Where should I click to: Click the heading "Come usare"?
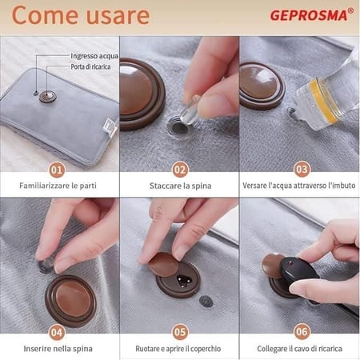click(81, 15)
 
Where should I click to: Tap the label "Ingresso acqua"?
click(94, 56)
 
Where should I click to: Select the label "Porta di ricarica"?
click(90, 66)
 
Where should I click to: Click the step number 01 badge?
click(57, 170)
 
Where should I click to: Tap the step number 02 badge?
click(180, 170)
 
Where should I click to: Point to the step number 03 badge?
click(302, 169)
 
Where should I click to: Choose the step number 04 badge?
click(57, 333)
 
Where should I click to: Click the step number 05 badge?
click(180, 332)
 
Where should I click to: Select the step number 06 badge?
click(302, 332)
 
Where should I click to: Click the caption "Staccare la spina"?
click(180, 186)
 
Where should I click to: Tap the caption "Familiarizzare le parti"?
click(58, 186)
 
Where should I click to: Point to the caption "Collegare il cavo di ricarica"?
click(299, 349)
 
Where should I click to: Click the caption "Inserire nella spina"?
click(58, 349)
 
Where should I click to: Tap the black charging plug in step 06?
click(299, 271)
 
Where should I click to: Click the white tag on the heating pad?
click(110, 127)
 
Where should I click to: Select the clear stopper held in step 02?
click(189, 110)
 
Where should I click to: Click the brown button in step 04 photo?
click(70, 301)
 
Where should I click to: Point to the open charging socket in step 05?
click(184, 281)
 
